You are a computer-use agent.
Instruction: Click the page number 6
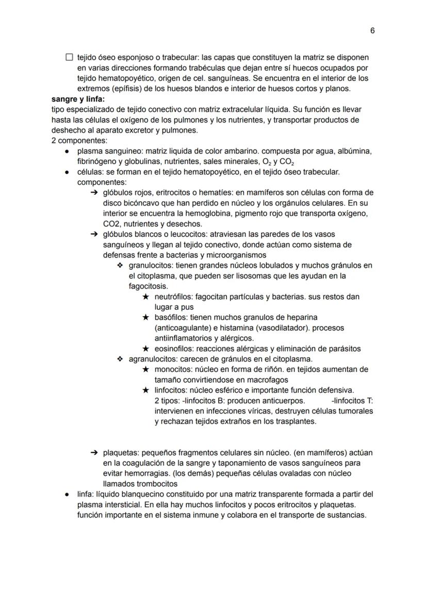[x=372, y=31]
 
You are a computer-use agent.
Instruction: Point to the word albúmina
[x=352, y=151]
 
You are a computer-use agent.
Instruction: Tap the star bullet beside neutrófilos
[x=146, y=297]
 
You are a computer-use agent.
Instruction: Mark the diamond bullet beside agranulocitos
[x=120, y=359]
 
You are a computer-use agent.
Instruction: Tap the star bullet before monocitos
[x=146, y=369]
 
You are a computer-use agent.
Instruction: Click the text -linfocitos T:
[x=352, y=400]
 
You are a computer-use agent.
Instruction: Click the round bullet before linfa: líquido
[x=68, y=494]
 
